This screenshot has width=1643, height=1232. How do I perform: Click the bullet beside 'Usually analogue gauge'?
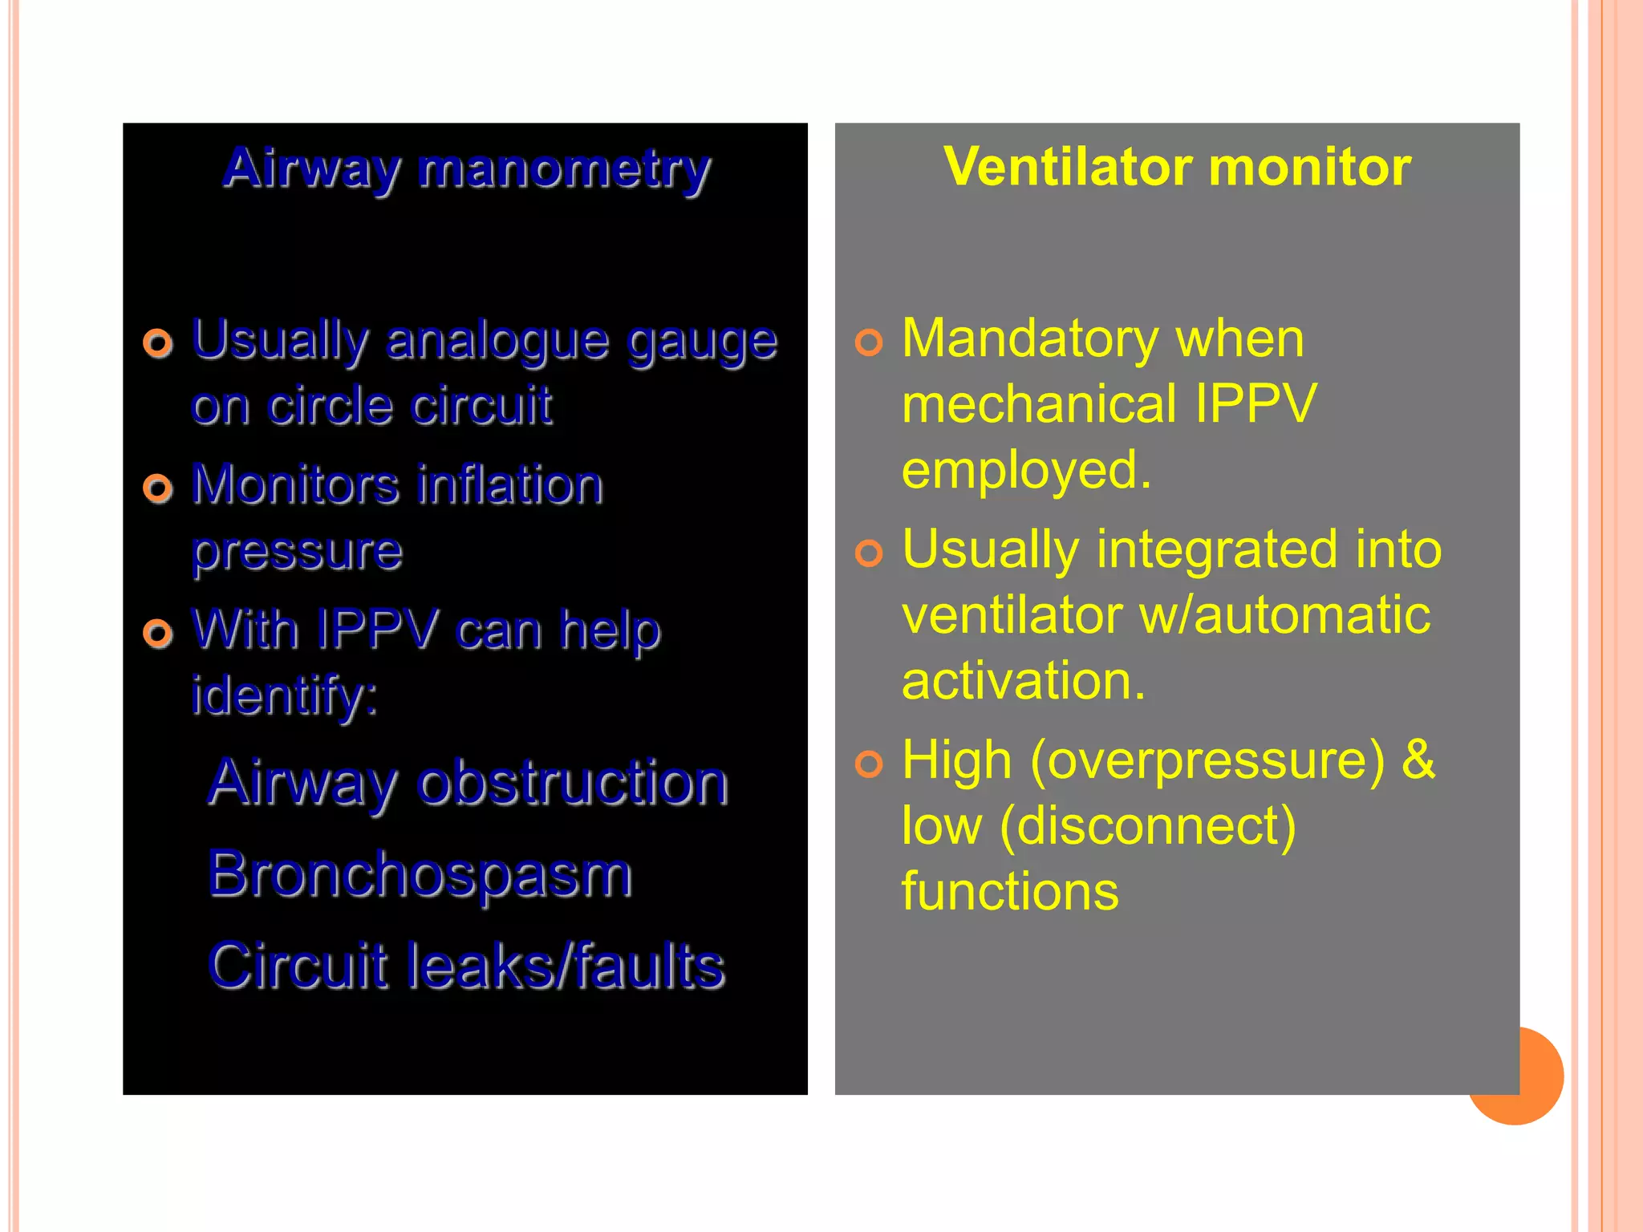pos(158,343)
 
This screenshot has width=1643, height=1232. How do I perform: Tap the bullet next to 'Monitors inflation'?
pos(158,488)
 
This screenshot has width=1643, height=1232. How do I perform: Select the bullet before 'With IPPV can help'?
pos(158,633)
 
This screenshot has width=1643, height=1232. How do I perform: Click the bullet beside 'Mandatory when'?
pos(869,342)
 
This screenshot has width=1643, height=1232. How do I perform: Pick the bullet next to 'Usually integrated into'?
pos(869,553)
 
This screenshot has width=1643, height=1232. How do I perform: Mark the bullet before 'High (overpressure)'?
pos(869,764)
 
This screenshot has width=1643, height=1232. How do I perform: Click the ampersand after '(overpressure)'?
pos(1418,759)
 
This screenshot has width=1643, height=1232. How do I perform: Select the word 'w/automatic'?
pos(1284,615)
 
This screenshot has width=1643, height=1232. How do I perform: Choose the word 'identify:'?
pos(285,695)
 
